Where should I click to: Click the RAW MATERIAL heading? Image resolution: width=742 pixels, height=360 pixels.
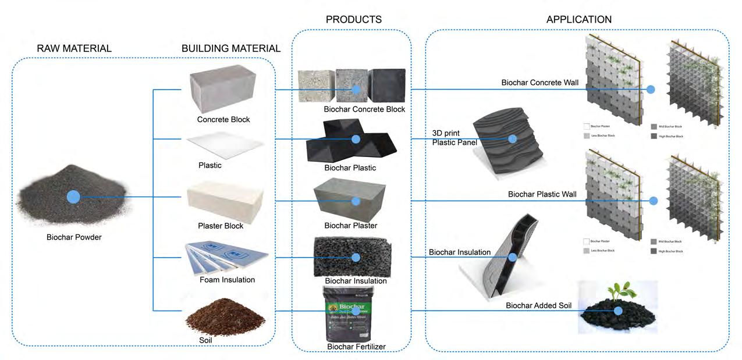[74, 48]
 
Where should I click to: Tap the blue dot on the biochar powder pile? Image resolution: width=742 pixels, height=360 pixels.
[73, 197]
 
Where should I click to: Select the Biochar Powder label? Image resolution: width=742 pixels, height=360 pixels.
[74, 237]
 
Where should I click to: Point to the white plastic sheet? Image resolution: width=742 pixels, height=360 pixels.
[224, 142]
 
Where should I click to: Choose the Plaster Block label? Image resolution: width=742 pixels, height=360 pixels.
[220, 226]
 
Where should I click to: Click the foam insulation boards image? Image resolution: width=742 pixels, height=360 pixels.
[226, 256]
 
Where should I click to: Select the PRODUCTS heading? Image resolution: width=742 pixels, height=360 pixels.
[353, 19]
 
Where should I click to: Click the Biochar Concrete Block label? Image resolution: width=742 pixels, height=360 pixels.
[364, 109]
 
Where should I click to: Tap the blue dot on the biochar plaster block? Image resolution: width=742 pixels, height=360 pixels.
[356, 200]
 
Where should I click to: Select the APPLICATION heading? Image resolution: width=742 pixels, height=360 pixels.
[578, 19]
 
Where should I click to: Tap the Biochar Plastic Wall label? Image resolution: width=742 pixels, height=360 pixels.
[542, 194]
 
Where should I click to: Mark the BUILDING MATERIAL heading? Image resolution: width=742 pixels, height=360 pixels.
[230, 48]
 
